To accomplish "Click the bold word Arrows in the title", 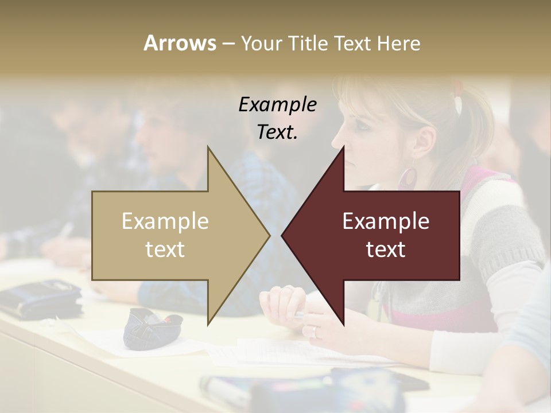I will coord(180,43).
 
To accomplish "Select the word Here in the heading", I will coord(399,43).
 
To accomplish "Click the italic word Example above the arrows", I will coord(278,105).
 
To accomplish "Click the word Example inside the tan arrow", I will coord(165,221).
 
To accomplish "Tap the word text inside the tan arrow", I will coord(165,250).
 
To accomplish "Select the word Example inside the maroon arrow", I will coord(386,221).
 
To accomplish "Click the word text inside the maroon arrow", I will coord(386,250).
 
